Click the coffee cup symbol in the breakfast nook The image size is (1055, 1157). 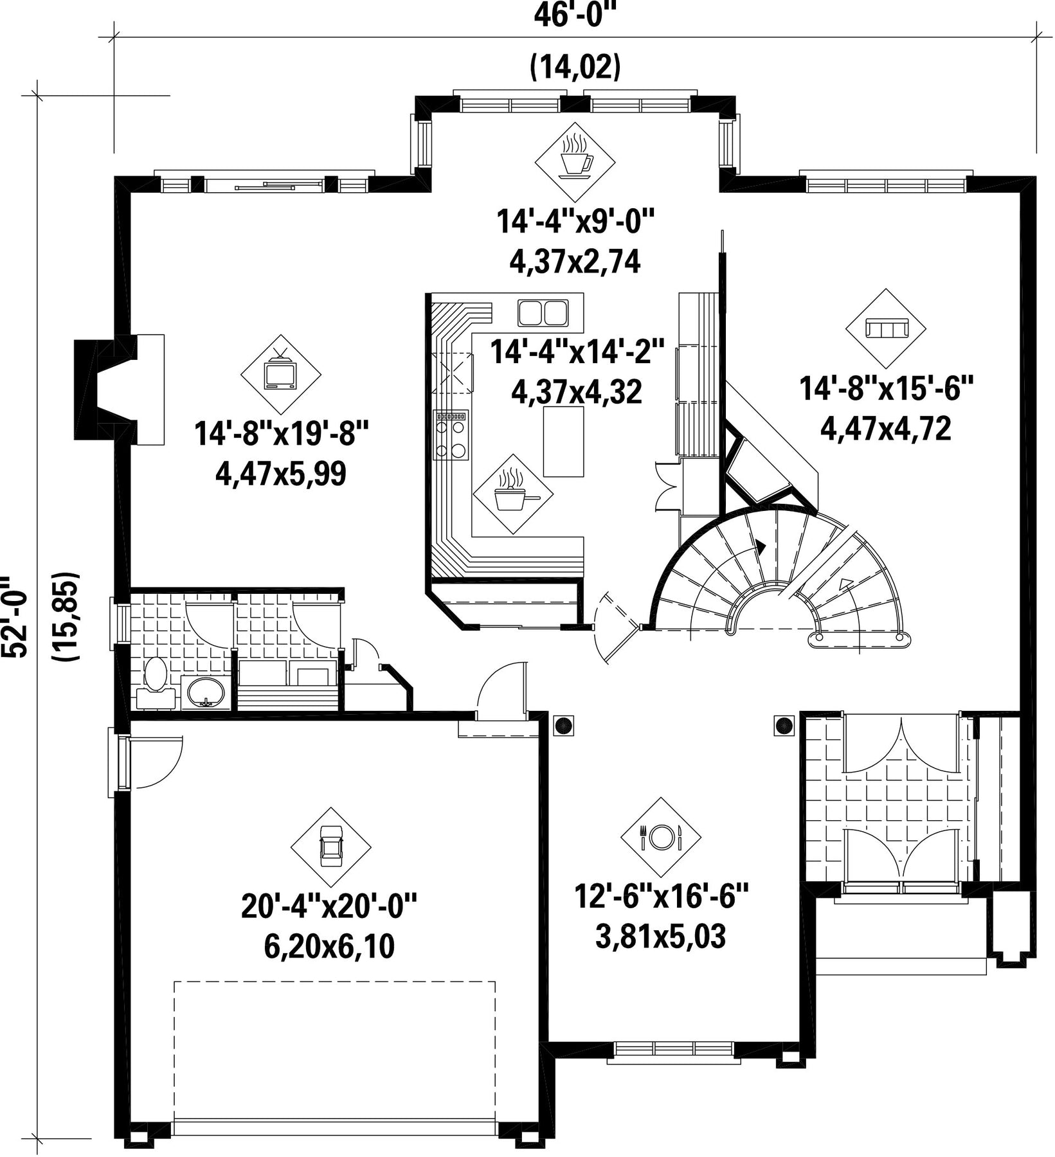click(575, 156)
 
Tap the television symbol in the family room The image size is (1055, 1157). click(280, 373)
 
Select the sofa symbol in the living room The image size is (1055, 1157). click(886, 328)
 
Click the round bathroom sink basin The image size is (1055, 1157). click(205, 693)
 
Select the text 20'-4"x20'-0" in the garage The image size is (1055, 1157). click(330, 907)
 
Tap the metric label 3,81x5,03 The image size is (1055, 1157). click(661, 937)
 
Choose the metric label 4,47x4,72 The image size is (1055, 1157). click(886, 429)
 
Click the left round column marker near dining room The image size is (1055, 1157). click(564, 725)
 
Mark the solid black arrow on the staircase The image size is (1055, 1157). click(762, 547)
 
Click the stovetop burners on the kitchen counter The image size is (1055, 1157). click(451, 435)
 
